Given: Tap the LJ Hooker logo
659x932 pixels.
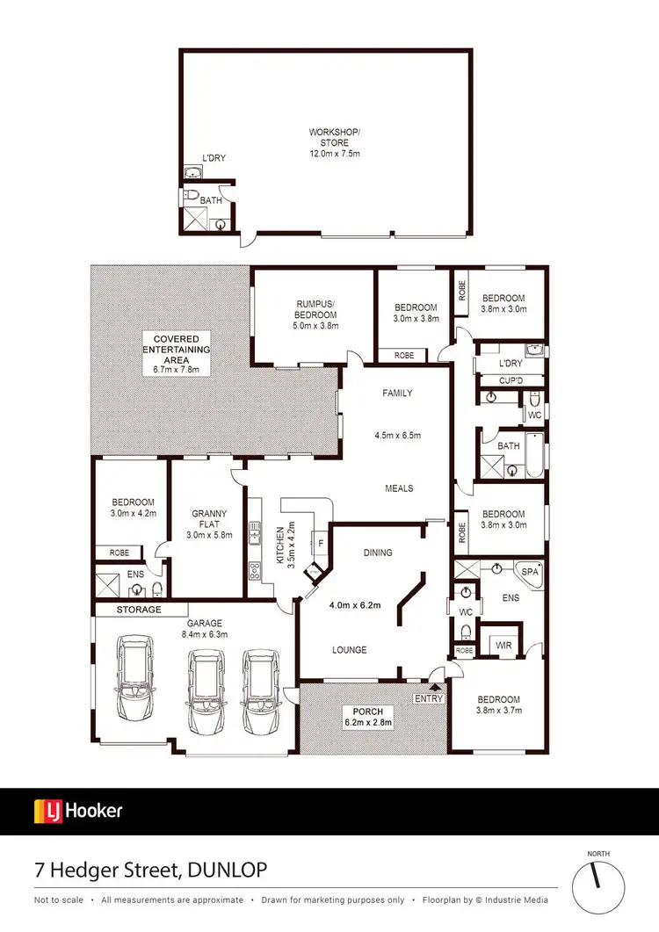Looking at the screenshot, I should (78, 810).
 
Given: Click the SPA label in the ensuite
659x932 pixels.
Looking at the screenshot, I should (529, 572).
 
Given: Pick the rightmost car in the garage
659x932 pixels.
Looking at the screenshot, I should (261, 691).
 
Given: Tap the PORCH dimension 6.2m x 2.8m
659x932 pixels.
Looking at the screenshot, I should (369, 722).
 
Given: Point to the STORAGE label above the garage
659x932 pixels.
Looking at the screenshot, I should (140, 610).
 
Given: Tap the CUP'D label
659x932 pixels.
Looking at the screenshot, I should (510, 381).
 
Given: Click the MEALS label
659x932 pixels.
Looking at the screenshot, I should (399, 488).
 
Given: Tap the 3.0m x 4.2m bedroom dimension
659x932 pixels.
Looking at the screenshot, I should (133, 514).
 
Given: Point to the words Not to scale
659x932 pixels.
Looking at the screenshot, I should (60, 900).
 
